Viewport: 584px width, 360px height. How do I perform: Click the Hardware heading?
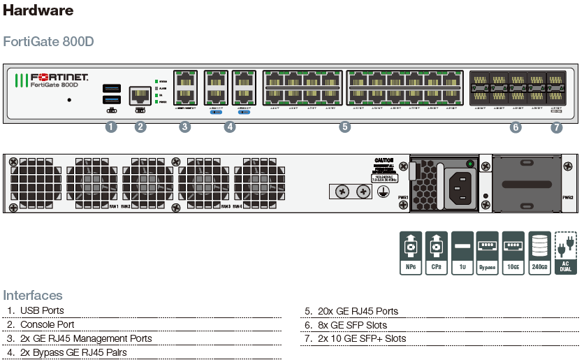pyautogui.click(x=38, y=10)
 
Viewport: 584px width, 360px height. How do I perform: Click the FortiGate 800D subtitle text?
pyautogui.click(x=49, y=41)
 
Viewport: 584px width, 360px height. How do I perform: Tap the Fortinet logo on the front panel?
pyautogui.click(x=52, y=77)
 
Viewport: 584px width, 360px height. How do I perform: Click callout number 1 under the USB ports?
pyautogui.click(x=110, y=127)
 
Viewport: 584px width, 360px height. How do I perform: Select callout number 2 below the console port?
pyautogui.click(x=140, y=127)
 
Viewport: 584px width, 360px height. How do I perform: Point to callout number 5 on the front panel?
pyautogui.click(x=344, y=127)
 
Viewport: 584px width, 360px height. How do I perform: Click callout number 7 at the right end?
pyautogui.click(x=556, y=127)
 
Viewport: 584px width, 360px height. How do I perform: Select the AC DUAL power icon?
pyautogui.click(x=565, y=252)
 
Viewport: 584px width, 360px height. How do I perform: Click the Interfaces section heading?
pyautogui.click(x=33, y=295)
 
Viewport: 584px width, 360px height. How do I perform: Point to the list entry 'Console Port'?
pyautogui.click(x=47, y=324)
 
